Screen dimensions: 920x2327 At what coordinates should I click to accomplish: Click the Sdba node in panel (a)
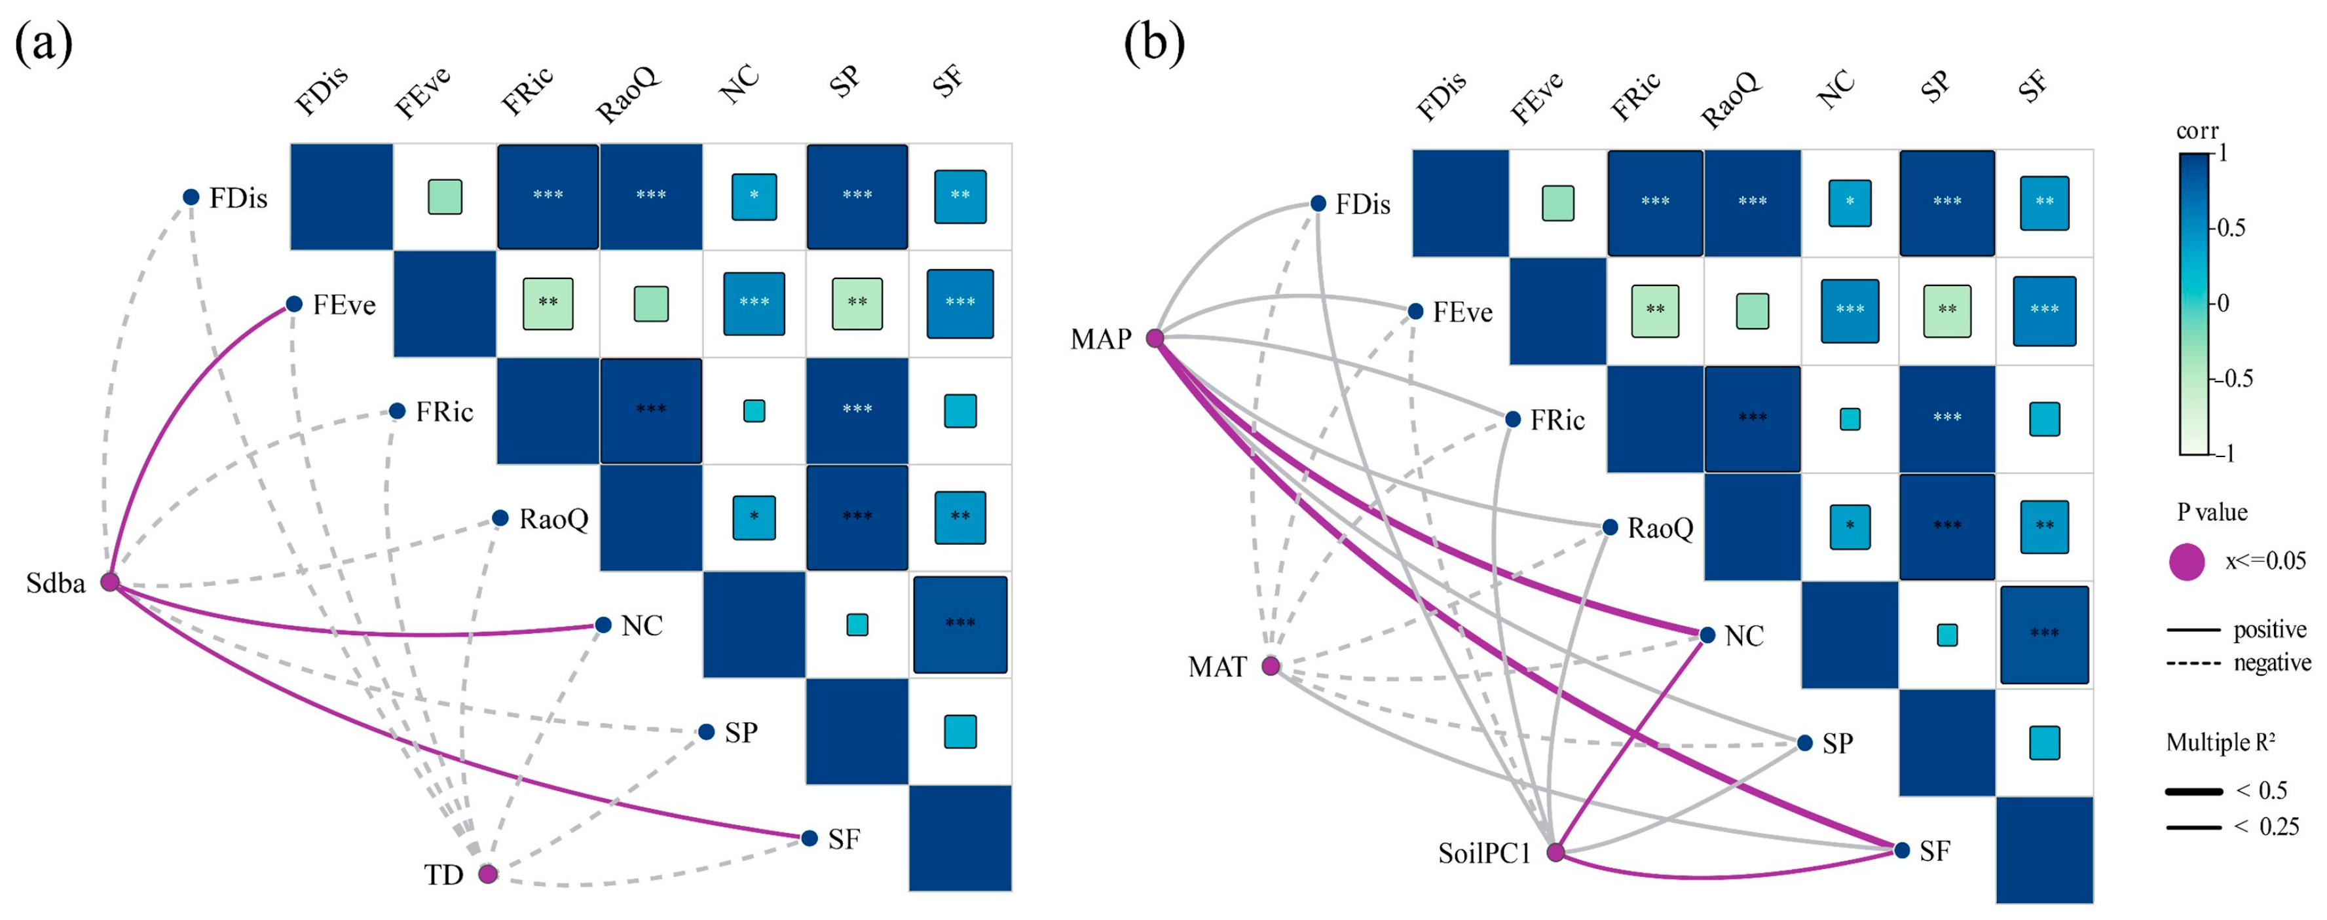109,581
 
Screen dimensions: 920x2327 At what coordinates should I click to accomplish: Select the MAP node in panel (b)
1155,339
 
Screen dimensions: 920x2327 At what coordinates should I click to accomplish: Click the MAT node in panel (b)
1270,667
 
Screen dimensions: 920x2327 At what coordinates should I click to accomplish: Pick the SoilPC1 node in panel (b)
1555,851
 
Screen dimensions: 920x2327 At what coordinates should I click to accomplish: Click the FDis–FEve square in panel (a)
445,197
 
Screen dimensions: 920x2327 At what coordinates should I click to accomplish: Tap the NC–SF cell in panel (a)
959,625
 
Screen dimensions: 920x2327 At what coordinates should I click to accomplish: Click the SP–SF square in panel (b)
2043,743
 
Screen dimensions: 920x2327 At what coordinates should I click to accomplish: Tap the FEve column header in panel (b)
1536,98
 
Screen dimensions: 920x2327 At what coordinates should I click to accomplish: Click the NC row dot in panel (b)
1707,635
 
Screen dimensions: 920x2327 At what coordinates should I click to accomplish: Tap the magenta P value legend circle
2187,562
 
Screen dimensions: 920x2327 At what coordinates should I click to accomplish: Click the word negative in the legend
2272,663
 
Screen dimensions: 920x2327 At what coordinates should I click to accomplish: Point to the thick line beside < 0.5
2193,792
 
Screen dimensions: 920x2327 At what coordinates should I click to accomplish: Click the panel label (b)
1153,43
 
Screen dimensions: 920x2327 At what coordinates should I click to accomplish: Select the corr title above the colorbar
2197,131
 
